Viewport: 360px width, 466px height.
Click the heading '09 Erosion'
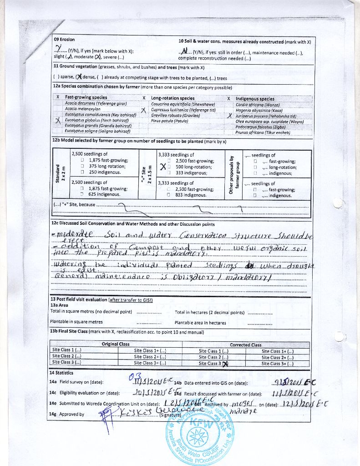click(x=64, y=40)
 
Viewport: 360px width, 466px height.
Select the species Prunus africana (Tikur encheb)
click(x=263, y=132)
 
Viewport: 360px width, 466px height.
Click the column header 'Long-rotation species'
click(x=172, y=98)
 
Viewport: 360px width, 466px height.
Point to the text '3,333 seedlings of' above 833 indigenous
click(x=176, y=183)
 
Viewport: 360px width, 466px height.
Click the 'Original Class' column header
click(x=116, y=344)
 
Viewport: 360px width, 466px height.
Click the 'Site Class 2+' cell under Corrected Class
click(x=277, y=357)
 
